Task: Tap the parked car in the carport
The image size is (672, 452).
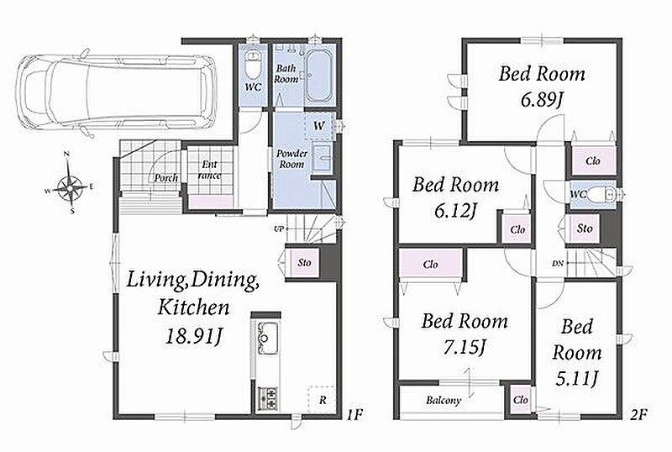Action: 116,93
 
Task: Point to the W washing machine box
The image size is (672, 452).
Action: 319,125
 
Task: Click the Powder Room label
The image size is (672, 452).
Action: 291,159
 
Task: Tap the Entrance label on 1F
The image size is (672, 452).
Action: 210,170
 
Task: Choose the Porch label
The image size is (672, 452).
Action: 165,177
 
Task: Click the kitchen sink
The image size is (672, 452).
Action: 267,338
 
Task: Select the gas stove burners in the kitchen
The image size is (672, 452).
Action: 267,398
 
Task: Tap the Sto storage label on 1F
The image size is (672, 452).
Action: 304,262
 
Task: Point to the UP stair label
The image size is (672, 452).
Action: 279,229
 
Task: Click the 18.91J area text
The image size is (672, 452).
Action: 194,336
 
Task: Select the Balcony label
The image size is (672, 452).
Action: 444,401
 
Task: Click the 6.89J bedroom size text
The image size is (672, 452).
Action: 542,100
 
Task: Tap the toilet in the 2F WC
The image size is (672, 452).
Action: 601,196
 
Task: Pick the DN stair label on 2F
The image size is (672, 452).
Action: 557,263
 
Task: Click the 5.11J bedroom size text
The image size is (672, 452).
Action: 576,379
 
